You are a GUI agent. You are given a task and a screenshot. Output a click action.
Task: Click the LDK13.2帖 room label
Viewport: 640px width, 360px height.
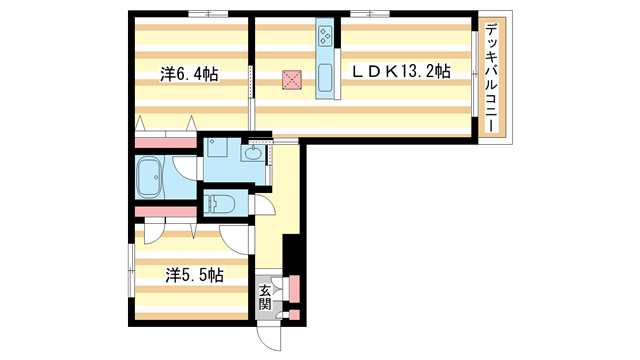tap(398, 72)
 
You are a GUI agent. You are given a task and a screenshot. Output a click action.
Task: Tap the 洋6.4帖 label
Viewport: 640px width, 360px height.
tap(190, 73)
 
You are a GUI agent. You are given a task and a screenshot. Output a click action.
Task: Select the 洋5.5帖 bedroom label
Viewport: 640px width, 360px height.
tap(193, 272)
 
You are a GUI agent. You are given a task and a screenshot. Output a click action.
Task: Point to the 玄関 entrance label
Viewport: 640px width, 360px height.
tap(265, 298)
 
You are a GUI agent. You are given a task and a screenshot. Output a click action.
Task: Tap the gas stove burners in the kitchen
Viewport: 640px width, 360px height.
tap(326, 37)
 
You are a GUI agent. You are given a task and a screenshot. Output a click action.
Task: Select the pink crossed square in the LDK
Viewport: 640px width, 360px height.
tap(292, 80)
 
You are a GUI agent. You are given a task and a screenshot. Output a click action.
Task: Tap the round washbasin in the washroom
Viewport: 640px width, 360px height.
tap(249, 153)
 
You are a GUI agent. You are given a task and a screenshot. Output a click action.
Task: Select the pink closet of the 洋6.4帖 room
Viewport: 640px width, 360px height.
tap(164, 139)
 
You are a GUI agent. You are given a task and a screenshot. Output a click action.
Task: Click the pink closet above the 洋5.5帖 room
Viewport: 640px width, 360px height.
tap(165, 211)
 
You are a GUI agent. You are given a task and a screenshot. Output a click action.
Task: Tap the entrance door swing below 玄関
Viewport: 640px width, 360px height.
tap(269, 335)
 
